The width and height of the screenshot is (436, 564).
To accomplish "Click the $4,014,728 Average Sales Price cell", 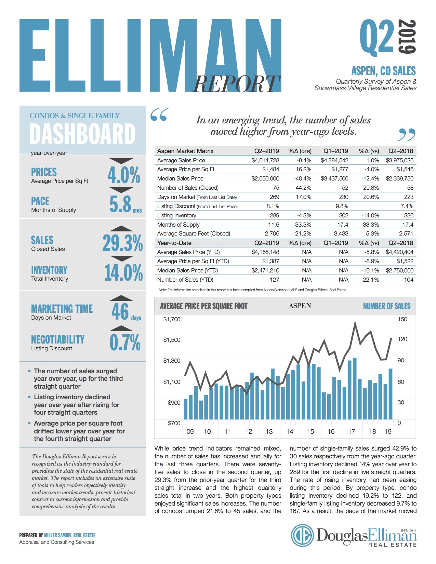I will click(x=265, y=160).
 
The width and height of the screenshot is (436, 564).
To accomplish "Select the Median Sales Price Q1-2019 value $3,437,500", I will click(x=334, y=178).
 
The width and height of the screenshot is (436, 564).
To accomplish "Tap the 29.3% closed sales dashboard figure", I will click(x=122, y=243).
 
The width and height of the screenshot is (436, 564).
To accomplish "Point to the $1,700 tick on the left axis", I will click(x=172, y=319).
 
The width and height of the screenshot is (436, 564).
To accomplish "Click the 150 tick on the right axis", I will click(x=402, y=319).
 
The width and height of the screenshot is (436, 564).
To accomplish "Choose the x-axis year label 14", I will click(x=290, y=431).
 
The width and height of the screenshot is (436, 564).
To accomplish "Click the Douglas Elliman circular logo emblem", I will click(x=302, y=536).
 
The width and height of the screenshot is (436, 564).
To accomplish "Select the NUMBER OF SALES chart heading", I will click(x=386, y=306).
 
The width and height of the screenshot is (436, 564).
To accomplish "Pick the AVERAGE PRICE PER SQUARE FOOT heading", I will click(x=203, y=306).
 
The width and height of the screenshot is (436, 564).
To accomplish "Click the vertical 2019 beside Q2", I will click(x=408, y=37).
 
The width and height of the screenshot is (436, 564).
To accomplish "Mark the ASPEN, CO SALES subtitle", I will click(x=383, y=71).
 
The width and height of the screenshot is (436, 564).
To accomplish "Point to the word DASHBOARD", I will click(x=82, y=134).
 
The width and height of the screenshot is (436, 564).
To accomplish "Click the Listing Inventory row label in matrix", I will click(x=176, y=215).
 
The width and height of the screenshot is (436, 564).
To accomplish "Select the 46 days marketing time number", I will click(x=120, y=311).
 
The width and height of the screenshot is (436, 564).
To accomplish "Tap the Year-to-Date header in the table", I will click(x=174, y=243).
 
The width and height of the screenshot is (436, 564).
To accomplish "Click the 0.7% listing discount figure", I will click(x=125, y=343).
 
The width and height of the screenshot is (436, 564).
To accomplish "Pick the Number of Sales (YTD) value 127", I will click(x=274, y=280).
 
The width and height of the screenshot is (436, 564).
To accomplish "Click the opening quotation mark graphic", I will click(x=159, y=115).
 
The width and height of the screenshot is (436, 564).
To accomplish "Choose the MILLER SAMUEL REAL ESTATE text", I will click(x=70, y=535).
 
